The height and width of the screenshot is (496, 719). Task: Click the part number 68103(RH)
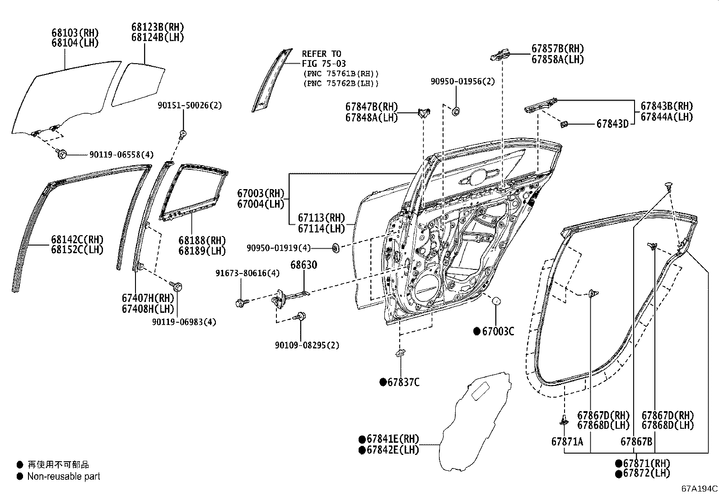point(75,33)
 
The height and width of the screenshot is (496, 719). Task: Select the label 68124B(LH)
point(158,37)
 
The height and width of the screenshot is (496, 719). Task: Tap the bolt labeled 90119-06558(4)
point(61,154)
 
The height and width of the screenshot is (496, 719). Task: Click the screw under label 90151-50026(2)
point(183,134)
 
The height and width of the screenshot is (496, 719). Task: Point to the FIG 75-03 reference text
point(324,64)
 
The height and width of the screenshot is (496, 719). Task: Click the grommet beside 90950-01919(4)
point(336,247)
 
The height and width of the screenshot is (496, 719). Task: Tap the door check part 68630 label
point(303,265)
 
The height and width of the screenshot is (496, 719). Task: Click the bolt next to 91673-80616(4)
point(240,302)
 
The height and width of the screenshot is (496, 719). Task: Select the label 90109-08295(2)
point(307,345)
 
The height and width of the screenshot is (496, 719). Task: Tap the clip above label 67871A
point(564,421)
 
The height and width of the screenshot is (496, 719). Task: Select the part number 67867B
point(636,441)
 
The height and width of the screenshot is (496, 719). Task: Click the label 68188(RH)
point(202,241)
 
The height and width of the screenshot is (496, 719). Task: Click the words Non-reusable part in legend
point(64,476)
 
